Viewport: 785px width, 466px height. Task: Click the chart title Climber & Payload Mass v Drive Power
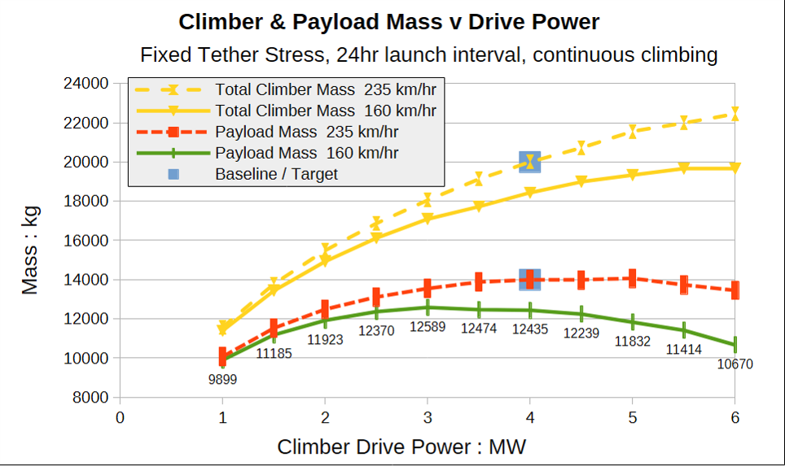coord(389,22)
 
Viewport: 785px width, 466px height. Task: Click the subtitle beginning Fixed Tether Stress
coord(428,54)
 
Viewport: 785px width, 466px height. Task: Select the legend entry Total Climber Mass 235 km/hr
coord(285,89)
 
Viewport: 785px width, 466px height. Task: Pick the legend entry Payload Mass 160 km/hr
coord(267,153)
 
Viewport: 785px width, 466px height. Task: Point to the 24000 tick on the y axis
coord(86,84)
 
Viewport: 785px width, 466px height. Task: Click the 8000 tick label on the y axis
coord(90,398)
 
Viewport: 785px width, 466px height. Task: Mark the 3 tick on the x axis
coord(428,417)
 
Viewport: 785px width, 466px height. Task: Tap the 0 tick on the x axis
coord(121,417)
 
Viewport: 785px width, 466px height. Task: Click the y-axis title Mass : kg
coord(30,250)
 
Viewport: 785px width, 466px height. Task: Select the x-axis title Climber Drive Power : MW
coord(401,446)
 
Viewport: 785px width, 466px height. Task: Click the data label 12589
coord(428,326)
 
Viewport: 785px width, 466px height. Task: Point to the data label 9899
coord(223,379)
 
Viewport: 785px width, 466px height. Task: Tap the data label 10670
coord(735,364)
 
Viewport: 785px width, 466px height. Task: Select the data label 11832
coord(632,341)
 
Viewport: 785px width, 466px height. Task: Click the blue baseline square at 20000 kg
coord(529,162)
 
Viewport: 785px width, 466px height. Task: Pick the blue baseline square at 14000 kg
coord(529,280)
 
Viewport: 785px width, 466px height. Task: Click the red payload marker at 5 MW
coord(632,278)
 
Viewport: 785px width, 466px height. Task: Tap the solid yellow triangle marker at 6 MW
coord(735,168)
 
